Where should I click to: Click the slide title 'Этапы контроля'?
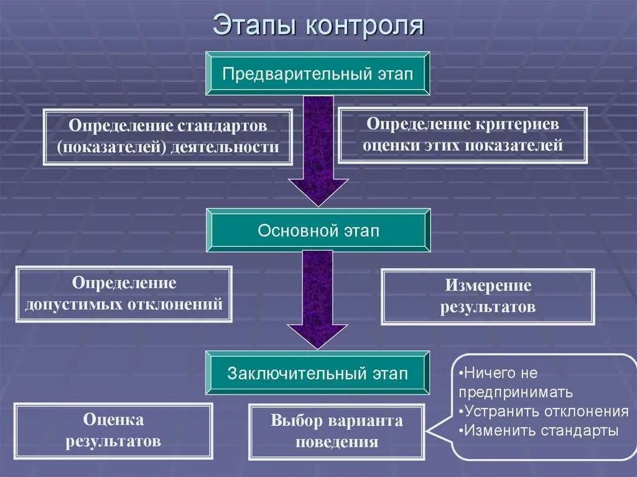(318, 25)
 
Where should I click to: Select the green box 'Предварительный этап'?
(318, 73)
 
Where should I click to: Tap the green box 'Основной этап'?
(318, 231)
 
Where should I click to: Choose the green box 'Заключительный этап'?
(318, 373)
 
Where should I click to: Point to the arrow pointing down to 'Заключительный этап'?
(318, 299)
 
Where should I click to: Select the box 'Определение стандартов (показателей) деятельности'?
(167, 137)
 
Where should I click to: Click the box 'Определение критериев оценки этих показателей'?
(462, 135)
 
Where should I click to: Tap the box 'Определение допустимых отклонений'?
(124, 294)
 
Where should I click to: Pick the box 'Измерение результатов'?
(488, 297)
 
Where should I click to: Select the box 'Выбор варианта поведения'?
(337, 431)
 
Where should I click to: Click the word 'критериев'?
(519, 124)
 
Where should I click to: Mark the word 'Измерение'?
(488, 286)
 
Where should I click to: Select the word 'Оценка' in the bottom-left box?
(113, 420)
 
